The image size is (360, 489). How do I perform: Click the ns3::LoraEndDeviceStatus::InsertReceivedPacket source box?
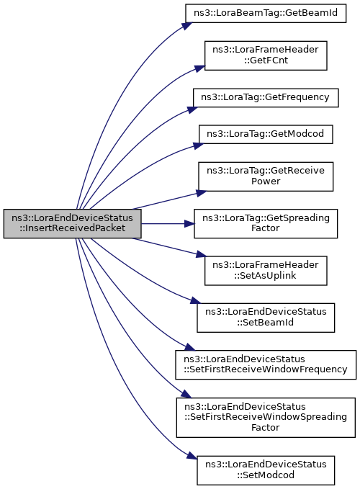tap(72, 223)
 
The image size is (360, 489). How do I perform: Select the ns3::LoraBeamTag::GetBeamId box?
tap(266, 13)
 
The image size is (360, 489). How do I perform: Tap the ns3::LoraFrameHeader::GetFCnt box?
tap(266, 55)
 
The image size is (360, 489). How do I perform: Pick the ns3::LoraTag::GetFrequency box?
tap(266, 98)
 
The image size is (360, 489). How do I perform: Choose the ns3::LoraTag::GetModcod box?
tap(266, 135)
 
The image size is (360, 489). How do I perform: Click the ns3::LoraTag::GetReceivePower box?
tap(266, 176)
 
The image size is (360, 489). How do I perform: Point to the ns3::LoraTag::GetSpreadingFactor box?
tap(266, 223)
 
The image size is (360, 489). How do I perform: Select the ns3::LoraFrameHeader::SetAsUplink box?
tap(266, 271)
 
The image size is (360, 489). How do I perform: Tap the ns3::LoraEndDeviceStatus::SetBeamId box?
tap(266, 318)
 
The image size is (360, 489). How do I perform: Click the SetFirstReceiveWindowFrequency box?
tap(266, 365)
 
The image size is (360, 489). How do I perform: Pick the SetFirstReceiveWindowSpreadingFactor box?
tap(266, 418)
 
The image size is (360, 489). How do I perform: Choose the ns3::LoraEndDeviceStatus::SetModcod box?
tap(266, 470)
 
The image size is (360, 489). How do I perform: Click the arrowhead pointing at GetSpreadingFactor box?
tap(189, 223)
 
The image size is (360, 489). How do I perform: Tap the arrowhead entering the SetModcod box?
tap(192, 455)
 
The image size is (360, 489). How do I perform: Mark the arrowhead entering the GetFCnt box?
tap(199, 69)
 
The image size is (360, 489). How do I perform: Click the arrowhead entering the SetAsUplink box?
tap(201, 255)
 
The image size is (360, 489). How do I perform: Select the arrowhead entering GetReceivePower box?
tap(201, 193)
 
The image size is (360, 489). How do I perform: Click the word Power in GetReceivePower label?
tap(266, 181)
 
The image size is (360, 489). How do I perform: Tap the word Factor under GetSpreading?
tap(266, 228)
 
